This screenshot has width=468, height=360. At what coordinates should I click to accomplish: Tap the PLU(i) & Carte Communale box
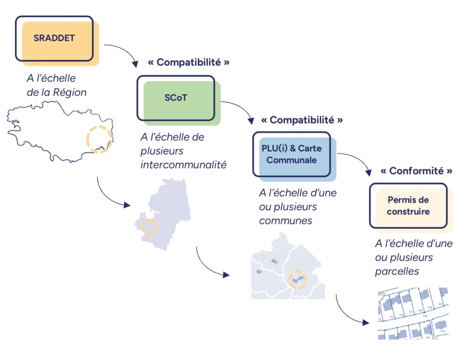tap(292, 154)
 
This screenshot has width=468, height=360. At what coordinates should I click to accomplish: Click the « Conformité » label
tap(416, 171)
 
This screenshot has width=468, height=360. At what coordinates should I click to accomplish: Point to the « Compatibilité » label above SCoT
tap(188, 62)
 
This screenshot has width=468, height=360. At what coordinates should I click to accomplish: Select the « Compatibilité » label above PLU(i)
tap(302, 120)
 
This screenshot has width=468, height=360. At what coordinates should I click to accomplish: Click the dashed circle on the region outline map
tap(100, 139)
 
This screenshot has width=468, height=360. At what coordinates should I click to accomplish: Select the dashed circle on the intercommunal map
tap(149, 227)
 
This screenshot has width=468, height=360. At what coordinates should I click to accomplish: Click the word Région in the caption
tap(70, 92)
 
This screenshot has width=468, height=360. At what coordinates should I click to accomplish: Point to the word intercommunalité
tap(183, 164)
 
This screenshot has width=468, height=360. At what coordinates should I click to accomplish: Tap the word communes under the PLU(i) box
tap(286, 221)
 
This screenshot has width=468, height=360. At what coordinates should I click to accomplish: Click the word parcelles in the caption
tap(397, 271)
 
